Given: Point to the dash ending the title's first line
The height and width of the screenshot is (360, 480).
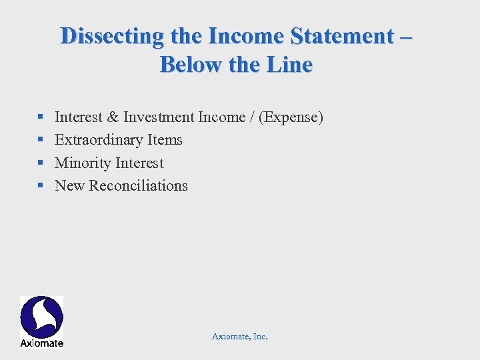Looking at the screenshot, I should click(x=405, y=37).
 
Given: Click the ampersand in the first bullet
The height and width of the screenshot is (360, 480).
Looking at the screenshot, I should click(x=113, y=117).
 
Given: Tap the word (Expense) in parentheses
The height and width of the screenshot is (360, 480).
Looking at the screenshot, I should click(x=292, y=118).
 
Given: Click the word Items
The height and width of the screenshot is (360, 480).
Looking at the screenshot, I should click(x=165, y=140).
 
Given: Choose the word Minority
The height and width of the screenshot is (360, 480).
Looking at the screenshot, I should click(x=83, y=163).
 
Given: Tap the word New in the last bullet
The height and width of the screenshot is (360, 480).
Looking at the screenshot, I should click(x=69, y=186).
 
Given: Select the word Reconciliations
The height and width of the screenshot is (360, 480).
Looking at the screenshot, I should click(x=138, y=186).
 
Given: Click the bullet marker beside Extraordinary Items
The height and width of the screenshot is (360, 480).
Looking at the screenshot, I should click(x=41, y=141).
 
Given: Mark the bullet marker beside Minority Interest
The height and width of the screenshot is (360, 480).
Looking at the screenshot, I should click(x=41, y=163).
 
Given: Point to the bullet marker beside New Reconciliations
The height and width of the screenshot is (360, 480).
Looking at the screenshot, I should click(x=41, y=186).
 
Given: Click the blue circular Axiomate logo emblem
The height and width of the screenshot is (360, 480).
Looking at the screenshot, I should click(x=41, y=317).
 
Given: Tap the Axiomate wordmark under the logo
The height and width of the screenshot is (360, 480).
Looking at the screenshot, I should click(x=41, y=343).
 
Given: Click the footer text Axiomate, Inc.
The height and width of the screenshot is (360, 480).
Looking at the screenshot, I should click(x=240, y=337).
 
